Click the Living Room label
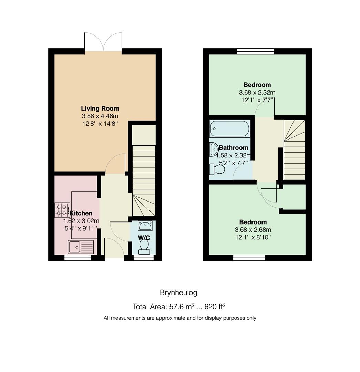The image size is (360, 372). [100, 108]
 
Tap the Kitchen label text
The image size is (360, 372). [81, 213]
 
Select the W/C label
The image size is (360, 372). [144, 237]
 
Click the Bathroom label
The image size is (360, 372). [234, 147]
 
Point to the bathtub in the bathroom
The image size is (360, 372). [230, 128]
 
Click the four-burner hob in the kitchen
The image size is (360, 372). [62, 210]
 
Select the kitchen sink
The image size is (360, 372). [81, 247]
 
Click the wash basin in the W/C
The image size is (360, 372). [145, 226]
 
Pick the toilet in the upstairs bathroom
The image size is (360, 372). [217, 169]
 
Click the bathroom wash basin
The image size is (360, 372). [214, 149]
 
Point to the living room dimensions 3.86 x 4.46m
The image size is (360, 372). [100, 116]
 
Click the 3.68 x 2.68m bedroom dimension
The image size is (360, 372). [253, 230]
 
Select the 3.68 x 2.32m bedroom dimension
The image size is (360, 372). [257, 92]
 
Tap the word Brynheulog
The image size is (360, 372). [179, 293]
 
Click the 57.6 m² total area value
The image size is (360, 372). [182, 307]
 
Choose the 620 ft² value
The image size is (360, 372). [215, 307]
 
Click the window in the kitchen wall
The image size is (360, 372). [78, 258]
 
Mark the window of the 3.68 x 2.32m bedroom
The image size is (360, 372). [255, 51]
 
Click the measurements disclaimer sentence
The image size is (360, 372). [180, 318]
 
